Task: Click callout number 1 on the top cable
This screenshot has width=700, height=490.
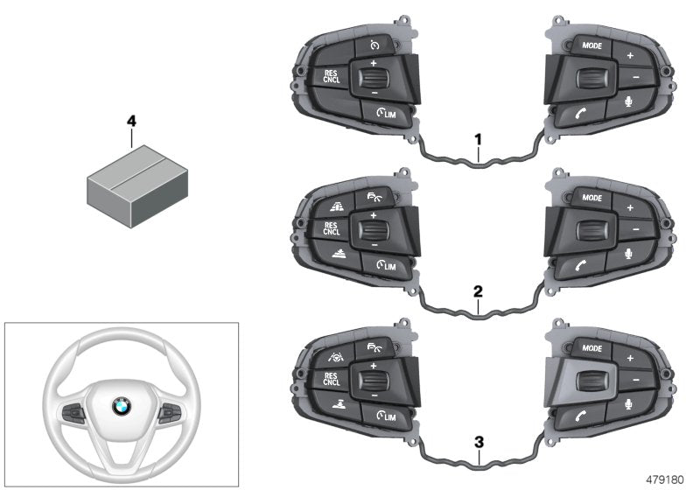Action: [478, 138]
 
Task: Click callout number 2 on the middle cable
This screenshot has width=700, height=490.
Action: [478, 288]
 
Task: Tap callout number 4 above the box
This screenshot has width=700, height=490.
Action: [131, 122]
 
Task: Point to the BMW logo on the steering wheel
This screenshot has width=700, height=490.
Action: [121, 406]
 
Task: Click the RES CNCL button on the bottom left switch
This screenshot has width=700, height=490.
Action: [331, 380]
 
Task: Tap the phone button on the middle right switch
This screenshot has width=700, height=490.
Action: [581, 266]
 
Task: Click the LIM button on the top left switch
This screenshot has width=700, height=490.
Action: [383, 113]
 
